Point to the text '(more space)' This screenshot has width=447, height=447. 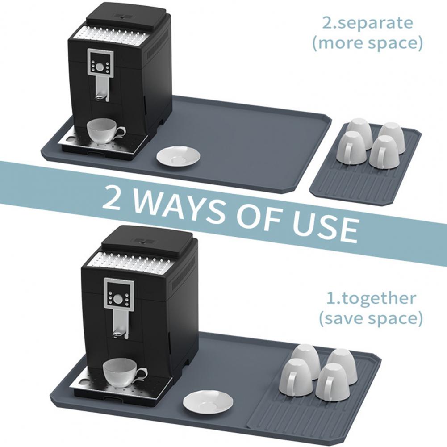click(367, 43)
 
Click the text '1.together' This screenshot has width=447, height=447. click(371, 298)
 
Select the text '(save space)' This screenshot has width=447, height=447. click(370, 318)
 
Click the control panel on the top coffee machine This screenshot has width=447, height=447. click(100, 63)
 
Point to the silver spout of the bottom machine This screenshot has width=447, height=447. click(119, 322)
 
